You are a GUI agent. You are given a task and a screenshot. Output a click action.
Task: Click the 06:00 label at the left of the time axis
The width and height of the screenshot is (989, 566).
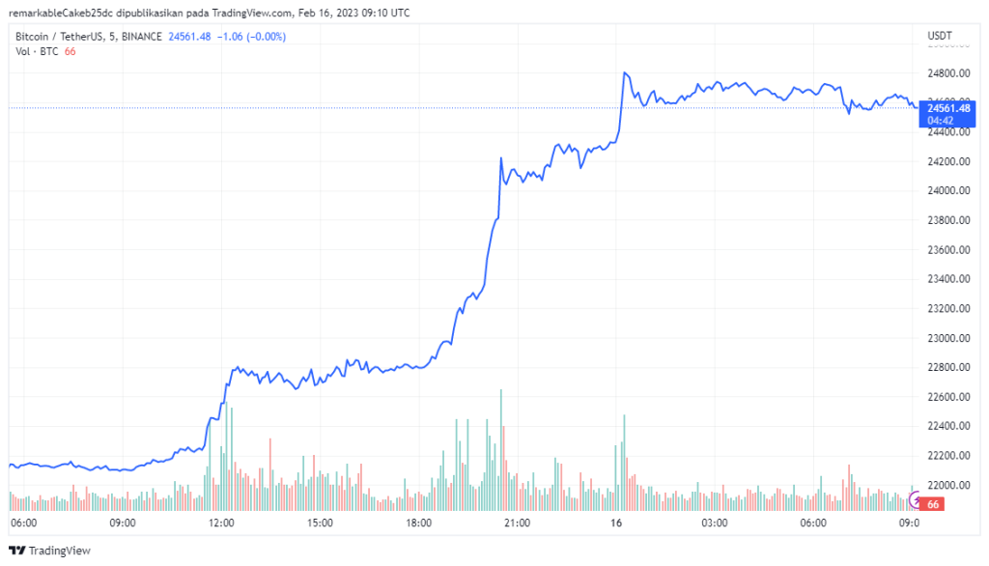coord(23,523)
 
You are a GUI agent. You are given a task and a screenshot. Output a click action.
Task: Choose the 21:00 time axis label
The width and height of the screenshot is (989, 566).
coord(517,523)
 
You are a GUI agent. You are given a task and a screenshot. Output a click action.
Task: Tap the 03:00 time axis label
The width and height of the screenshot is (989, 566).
coord(714,523)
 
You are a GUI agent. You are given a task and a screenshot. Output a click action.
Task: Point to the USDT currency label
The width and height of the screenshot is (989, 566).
coord(940,37)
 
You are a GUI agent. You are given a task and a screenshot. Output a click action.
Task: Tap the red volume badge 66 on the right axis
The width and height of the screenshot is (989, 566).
coord(933,504)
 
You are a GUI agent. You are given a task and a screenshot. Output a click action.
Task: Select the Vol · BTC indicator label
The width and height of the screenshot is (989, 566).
coord(37,51)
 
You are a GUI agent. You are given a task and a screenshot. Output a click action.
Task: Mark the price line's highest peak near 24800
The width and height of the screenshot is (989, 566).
coord(626,72)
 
